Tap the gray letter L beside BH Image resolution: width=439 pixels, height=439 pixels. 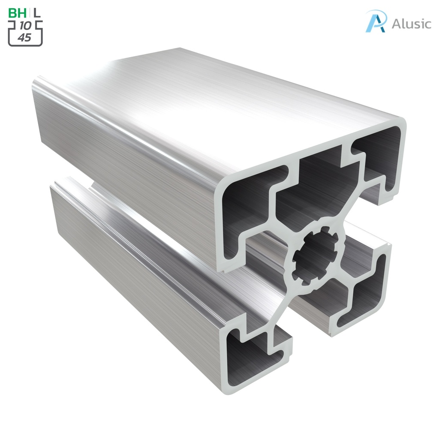click(38, 13)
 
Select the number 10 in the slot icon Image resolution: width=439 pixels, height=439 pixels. click(25, 26)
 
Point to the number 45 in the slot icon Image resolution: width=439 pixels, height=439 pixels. click(25, 38)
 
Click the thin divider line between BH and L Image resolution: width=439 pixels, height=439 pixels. click(30, 13)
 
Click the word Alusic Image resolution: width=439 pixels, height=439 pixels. click(411, 24)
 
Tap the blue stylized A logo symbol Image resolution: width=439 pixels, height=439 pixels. click(376, 21)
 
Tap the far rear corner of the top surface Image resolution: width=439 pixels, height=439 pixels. click(180, 49)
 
